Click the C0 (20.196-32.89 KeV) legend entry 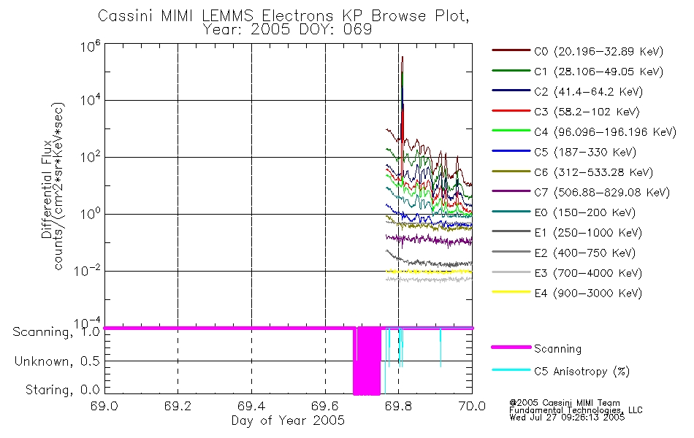[x=578, y=51]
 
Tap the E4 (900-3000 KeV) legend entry [x=567, y=293]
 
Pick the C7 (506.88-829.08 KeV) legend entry [x=581, y=193]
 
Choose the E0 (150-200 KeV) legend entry [x=564, y=212]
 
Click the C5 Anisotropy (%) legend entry [x=561, y=371]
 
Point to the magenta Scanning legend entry [x=536, y=349]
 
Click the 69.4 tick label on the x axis [x=251, y=406]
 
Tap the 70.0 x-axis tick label [x=472, y=406]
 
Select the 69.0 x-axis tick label [x=104, y=406]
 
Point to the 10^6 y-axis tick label [x=91, y=46]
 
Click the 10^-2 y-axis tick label [x=87, y=270]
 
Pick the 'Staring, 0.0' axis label [x=62, y=390]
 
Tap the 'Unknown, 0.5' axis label [x=57, y=361]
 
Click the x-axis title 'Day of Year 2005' [x=288, y=420]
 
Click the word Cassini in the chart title [x=125, y=16]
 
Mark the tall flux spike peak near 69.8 [x=403, y=57]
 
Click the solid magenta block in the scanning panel [x=367, y=361]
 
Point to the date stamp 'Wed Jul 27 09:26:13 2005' [x=567, y=418]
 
